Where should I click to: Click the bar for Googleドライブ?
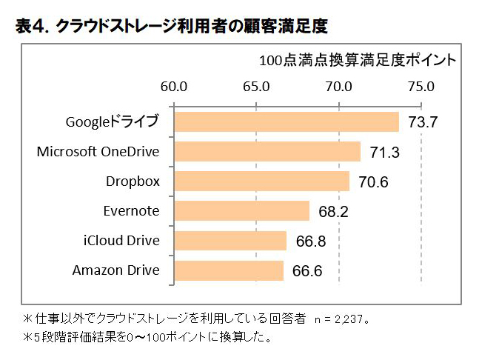[286, 121]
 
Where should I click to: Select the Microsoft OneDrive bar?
[267, 152]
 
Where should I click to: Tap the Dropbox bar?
[261, 181]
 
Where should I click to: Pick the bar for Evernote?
[241, 211]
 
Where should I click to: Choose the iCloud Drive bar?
[230, 241]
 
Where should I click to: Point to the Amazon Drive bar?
[228, 270]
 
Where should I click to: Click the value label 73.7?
[423, 122]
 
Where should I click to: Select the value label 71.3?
[384, 153]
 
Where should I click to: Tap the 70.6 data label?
[374, 182]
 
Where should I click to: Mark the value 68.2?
[333, 212]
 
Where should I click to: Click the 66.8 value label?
[310, 241]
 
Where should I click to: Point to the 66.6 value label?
[307, 271]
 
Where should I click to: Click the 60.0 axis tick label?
[172, 86]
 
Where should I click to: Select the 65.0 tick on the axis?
[255, 86]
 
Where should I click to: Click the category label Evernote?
[131, 211]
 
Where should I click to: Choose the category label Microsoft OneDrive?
[98, 152]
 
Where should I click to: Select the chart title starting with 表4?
[171, 26]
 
